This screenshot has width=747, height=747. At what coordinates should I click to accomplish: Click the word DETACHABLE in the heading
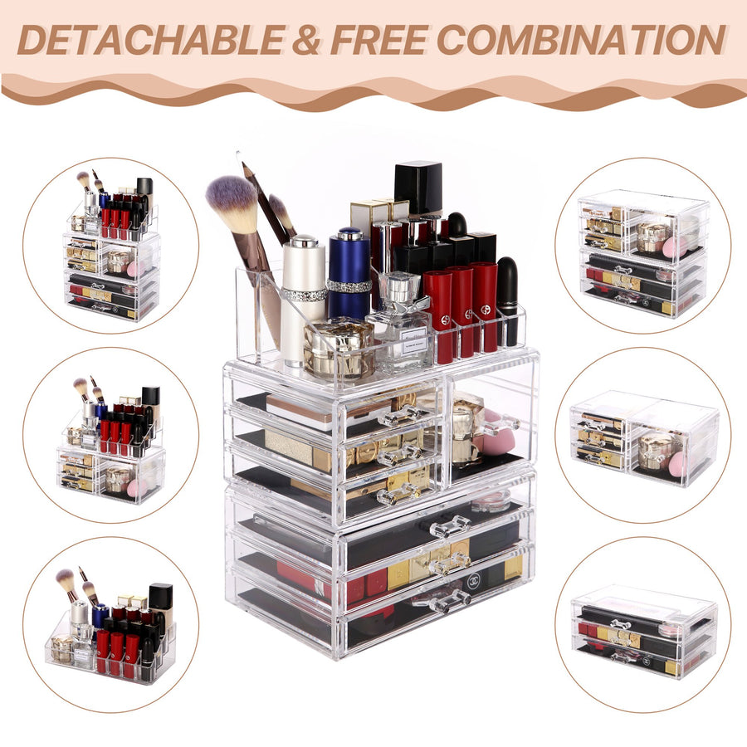[151, 40]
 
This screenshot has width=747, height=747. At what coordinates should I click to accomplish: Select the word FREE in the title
[379, 40]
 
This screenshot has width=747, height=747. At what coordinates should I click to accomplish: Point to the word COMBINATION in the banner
[581, 40]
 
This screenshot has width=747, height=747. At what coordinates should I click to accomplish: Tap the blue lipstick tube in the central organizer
[349, 273]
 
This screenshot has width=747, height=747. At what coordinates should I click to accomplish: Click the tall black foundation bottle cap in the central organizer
[417, 188]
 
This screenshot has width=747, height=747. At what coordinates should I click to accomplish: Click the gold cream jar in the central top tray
[339, 349]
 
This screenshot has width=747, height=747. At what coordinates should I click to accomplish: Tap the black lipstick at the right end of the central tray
[507, 301]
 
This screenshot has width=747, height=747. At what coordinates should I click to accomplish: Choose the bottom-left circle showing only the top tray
[110, 624]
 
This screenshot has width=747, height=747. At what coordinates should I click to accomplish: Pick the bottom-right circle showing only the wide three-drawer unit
[643, 624]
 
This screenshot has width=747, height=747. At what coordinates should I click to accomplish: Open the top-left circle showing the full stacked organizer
[110, 246]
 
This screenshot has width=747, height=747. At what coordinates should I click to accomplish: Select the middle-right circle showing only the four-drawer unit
[643, 435]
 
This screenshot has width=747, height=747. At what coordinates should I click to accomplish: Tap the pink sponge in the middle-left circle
[137, 488]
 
